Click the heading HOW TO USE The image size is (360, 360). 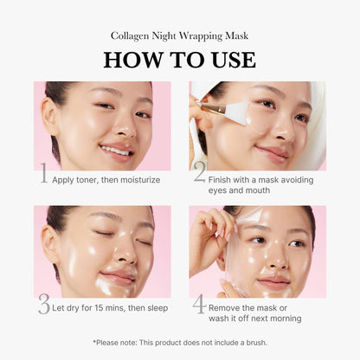click(180, 60)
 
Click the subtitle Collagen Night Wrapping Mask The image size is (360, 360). click(180, 35)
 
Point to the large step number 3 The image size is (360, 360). click(43, 305)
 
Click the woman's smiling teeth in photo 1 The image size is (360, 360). click(114, 150)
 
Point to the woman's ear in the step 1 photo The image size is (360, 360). click(53, 117)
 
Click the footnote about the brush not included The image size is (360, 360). click(180, 343)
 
